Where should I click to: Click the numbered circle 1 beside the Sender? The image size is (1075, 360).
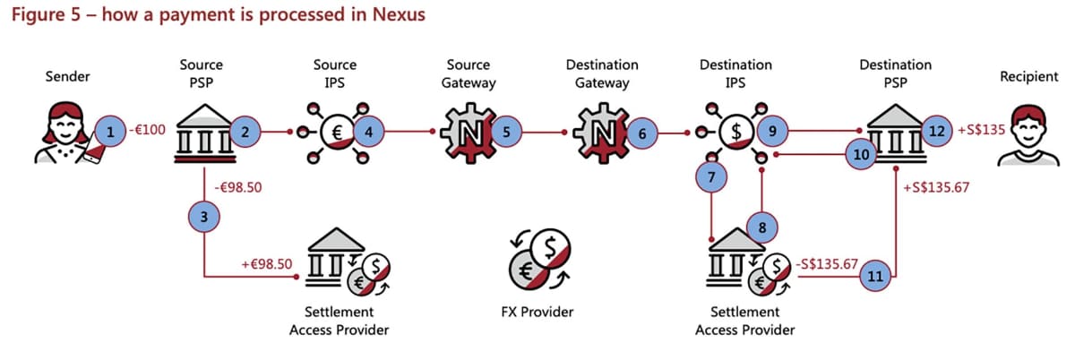coord(110,133)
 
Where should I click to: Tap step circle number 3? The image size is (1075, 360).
coord(205,218)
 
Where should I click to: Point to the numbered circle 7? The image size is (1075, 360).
coord(711,178)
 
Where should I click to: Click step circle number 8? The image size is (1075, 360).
coord(761,227)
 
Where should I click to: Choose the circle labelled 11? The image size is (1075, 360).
coord(875,276)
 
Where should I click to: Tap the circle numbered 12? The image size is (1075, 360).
coord(937,132)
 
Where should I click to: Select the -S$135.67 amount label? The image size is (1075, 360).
coord(826,265)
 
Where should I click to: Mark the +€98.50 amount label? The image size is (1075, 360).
coord(266,265)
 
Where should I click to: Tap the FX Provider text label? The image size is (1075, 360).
coord(537,313)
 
